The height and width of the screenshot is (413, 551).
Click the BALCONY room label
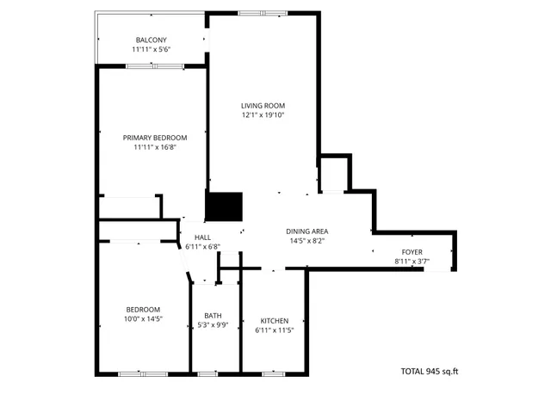151,40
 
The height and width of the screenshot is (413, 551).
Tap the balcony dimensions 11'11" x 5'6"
151,50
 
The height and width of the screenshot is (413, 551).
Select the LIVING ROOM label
263,106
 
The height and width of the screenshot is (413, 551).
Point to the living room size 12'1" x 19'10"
263,115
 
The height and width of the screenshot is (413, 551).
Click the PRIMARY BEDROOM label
155,138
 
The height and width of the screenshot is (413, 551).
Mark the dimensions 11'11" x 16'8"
155,147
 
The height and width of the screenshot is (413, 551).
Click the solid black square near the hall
224,207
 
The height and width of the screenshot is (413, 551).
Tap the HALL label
203,237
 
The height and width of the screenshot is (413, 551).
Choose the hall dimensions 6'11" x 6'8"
203,247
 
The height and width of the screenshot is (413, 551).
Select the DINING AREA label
307,231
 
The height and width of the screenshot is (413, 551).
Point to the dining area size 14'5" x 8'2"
307,241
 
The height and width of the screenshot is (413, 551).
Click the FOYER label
412,251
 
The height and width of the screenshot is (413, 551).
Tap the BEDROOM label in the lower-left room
143,310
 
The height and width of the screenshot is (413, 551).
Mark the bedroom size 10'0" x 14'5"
143,319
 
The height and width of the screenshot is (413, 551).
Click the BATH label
213,315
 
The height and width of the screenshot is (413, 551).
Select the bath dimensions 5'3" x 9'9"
213,324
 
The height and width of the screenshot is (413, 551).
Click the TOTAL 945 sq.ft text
430,372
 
